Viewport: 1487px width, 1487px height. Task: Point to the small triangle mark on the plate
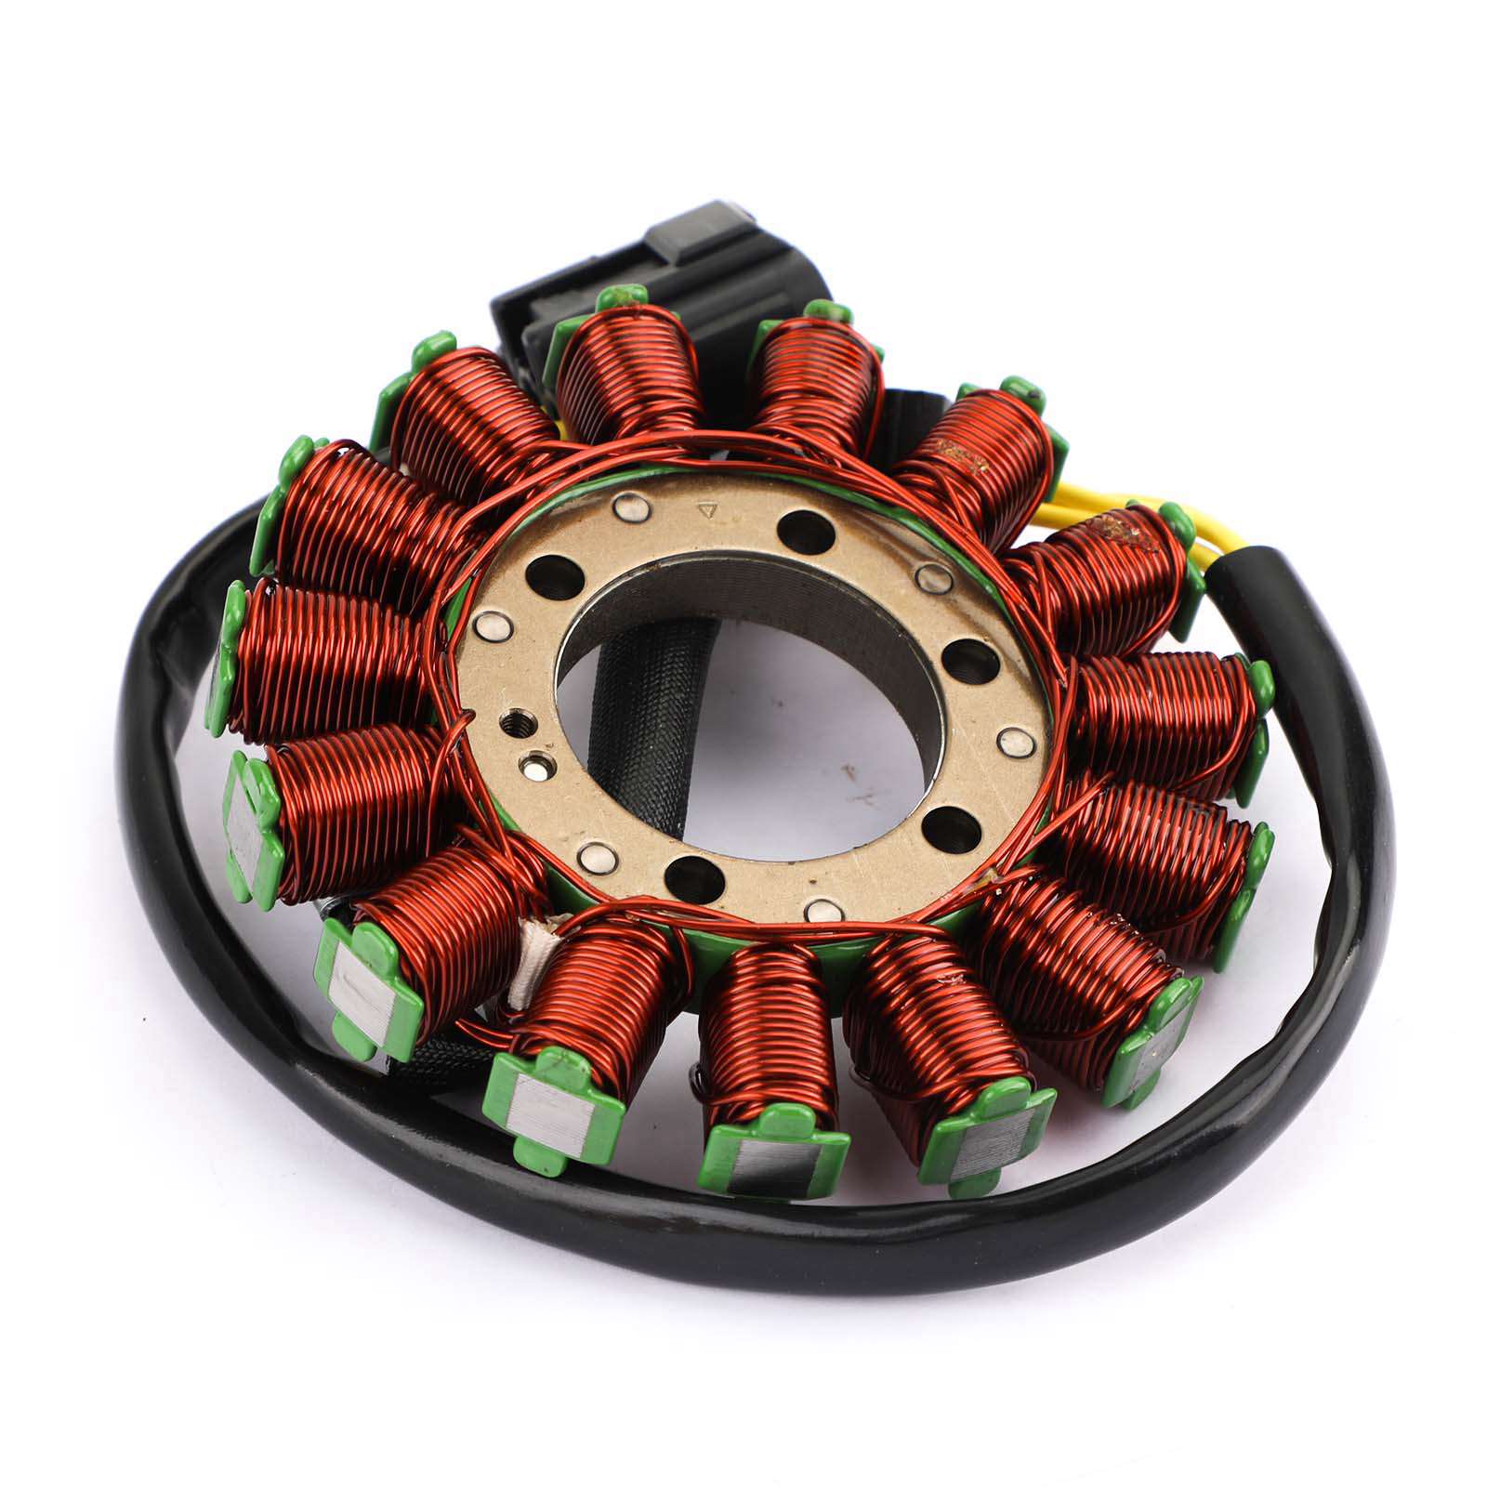click(x=708, y=509)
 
